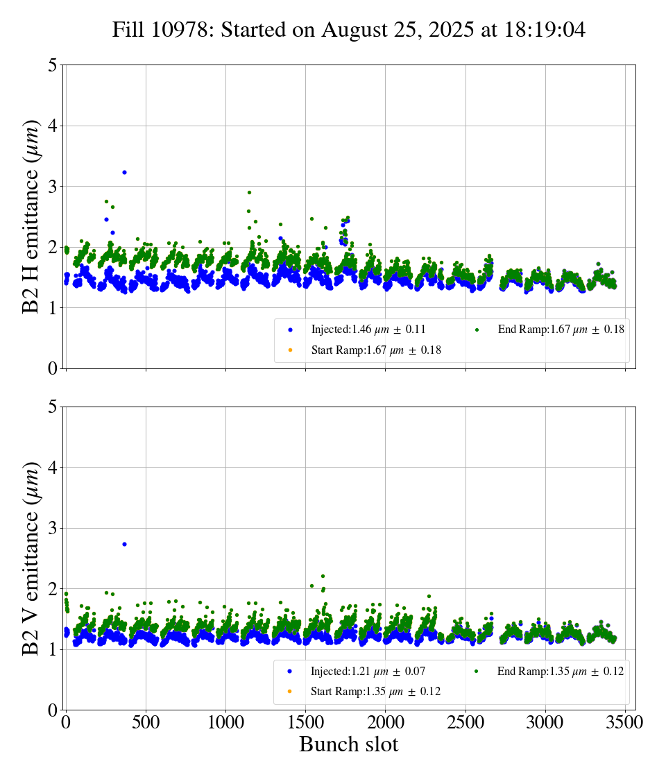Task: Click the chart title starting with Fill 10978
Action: pyautogui.click(x=349, y=30)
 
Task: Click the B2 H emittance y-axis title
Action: pyautogui.click(x=31, y=216)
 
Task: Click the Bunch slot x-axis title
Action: pyautogui.click(x=348, y=745)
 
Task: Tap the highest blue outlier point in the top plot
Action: pyautogui.click(x=124, y=172)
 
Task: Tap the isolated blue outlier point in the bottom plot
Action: pyautogui.click(x=124, y=544)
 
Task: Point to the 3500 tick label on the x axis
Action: pyautogui.click(x=625, y=722)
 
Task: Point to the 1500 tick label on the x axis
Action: pyautogui.click(x=305, y=722)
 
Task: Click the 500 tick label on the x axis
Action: pyautogui.click(x=146, y=722)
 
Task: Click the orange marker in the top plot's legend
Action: pyautogui.click(x=290, y=350)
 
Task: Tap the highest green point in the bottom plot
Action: pyautogui.click(x=323, y=576)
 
